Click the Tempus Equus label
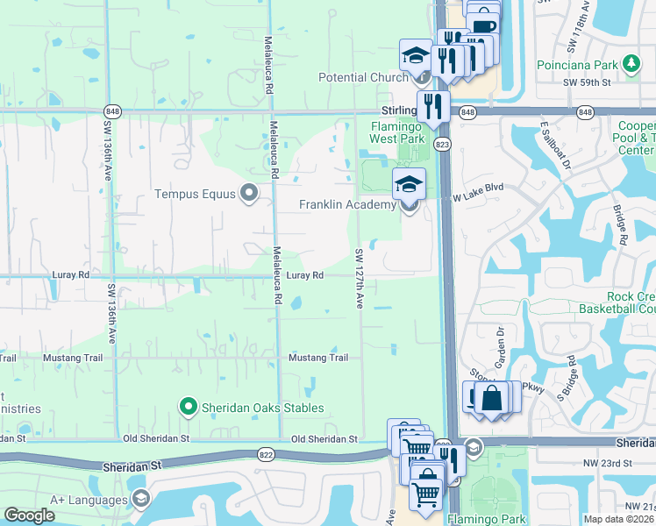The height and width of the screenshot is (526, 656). [196, 194]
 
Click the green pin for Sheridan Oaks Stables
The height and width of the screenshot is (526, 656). [187, 407]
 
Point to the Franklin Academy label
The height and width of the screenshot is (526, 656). [348, 204]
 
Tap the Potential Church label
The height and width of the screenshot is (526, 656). [363, 78]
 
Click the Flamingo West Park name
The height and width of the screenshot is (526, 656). [397, 132]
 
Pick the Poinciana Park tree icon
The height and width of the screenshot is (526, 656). [631, 64]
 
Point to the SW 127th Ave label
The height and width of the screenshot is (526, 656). [360, 278]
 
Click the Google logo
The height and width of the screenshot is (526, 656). [30, 515]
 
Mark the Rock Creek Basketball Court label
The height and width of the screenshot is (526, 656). [617, 302]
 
